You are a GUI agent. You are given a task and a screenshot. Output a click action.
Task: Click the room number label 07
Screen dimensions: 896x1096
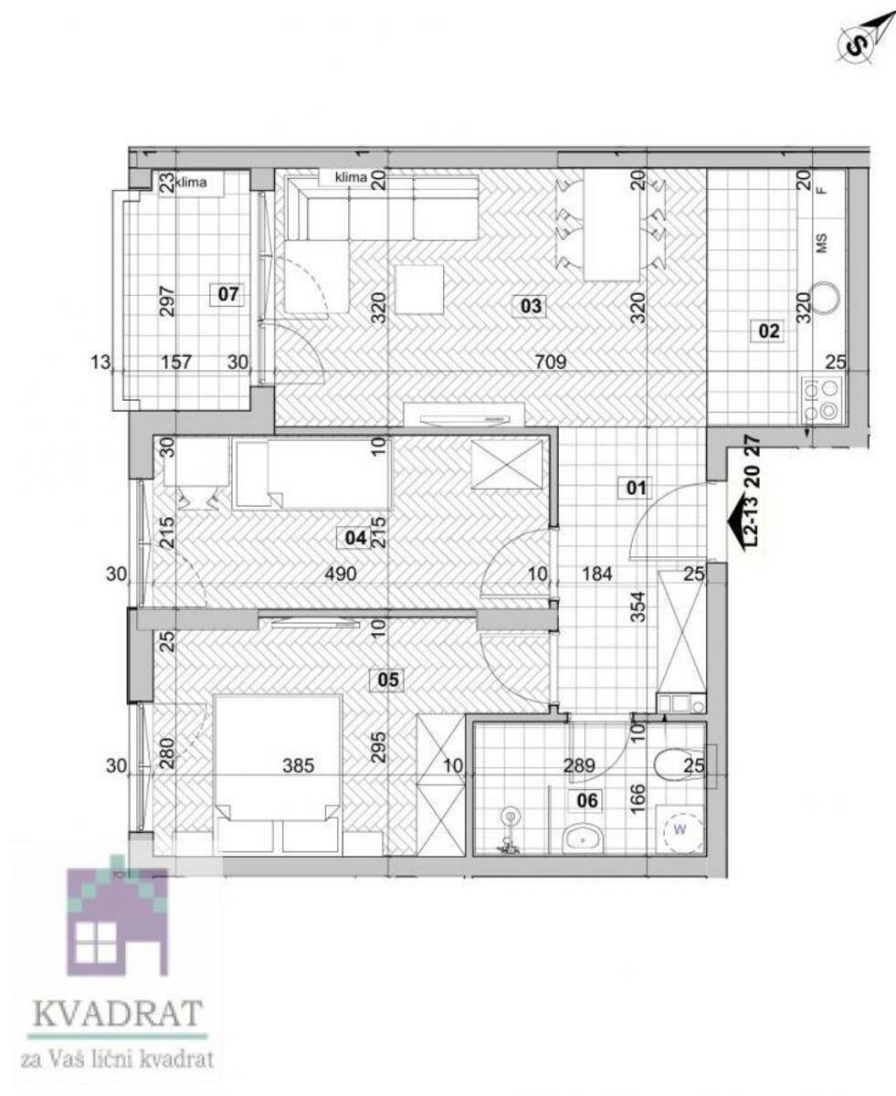(x=227, y=295)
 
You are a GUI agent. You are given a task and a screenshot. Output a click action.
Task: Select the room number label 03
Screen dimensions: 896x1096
(x=531, y=306)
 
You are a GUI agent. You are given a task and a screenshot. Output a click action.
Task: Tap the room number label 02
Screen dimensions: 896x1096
(x=769, y=331)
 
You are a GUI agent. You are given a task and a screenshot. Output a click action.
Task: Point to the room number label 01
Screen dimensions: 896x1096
(x=636, y=488)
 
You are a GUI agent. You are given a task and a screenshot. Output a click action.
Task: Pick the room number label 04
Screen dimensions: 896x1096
(x=355, y=537)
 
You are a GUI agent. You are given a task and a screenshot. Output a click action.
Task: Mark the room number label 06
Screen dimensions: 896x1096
(x=587, y=800)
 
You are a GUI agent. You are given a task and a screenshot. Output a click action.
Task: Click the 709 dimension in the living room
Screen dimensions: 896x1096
(x=551, y=361)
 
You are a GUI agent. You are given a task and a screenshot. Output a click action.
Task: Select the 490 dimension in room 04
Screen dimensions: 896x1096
(x=341, y=574)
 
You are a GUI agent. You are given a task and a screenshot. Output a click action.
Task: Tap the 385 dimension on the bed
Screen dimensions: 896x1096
(x=299, y=765)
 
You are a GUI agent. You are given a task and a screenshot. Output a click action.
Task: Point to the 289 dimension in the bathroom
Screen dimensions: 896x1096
(x=579, y=765)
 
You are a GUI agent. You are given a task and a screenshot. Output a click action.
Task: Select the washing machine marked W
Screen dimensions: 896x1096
(x=680, y=829)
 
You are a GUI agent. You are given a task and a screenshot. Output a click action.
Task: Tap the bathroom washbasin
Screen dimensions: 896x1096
(x=583, y=838)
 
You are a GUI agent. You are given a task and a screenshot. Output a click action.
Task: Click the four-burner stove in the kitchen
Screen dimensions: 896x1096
(x=822, y=399)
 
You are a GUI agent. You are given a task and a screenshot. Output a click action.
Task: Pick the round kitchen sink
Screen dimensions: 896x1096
(x=826, y=298)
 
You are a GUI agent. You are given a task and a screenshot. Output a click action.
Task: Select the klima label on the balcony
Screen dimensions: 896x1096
(x=191, y=183)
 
